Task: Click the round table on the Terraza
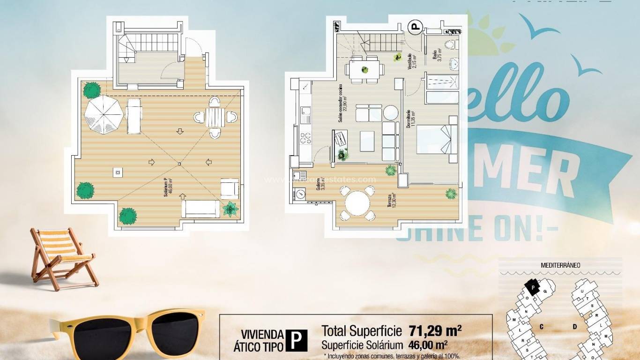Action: pos(358,203)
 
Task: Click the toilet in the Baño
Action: pos(450,45)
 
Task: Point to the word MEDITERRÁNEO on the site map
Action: pos(560,265)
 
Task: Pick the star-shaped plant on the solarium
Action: pos(231,209)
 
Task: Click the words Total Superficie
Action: pos(361,331)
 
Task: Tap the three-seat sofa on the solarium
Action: pos(201,209)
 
